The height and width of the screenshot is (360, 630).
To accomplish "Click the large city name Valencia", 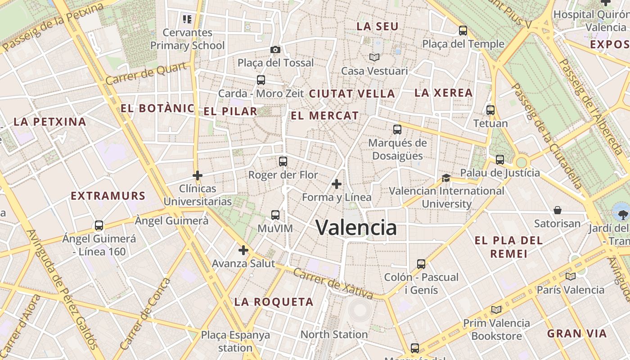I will (x=356, y=227).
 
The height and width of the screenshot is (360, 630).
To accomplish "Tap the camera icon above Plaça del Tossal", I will (x=275, y=49).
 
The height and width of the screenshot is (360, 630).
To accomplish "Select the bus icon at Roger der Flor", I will (x=283, y=161).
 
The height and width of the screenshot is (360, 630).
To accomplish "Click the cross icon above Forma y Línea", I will (x=336, y=184).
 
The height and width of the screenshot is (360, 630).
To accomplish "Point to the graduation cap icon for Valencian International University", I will (x=446, y=178).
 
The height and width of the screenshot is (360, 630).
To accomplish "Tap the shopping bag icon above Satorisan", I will (x=557, y=210).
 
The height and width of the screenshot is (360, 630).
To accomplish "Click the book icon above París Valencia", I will (x=570, y=276).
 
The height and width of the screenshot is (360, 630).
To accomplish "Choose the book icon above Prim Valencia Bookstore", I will (x=496, y=310).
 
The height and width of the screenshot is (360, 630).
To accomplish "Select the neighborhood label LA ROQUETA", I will (x=274, y=302).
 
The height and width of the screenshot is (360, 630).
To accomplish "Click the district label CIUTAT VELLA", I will (x=352, y=94).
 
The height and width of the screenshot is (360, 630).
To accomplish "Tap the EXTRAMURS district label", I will (x=108, y=196).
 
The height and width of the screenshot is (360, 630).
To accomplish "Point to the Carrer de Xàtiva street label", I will (x=333, y=283).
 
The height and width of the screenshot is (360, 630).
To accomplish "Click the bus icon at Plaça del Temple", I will (x=463, y=31).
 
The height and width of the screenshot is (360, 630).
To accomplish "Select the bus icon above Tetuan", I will (x=490, y=110).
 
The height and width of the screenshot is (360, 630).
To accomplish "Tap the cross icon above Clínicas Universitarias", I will (x=197, y=175).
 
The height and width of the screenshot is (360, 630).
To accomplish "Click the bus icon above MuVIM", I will (x=275, y=215).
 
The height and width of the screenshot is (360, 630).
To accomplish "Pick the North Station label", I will (x=334, y=334).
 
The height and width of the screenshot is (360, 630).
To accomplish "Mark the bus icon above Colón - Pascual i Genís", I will (x=421, y=264).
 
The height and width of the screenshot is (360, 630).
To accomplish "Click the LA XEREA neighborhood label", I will (x=443, y=93).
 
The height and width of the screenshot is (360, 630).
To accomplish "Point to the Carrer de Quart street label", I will (x=146, y=74).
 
